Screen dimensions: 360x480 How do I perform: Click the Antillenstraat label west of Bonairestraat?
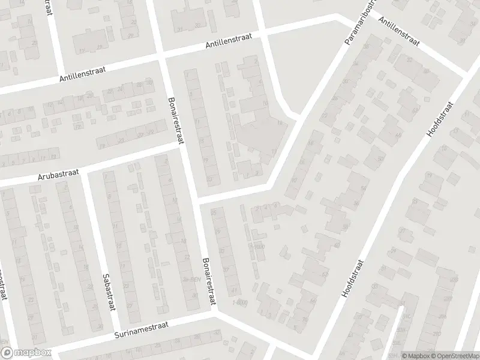tap(82, 74)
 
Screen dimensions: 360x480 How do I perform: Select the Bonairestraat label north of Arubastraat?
tap(175, 120)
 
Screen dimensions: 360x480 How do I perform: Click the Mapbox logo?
tap(26, 352)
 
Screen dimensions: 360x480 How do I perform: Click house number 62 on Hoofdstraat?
tap(326, 274)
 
